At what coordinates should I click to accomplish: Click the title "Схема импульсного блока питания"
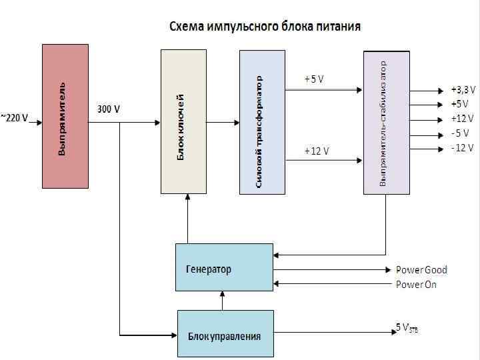tap(264, 27)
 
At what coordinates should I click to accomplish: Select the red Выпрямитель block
tap(65, 116)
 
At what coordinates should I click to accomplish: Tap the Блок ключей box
tap(184, 121)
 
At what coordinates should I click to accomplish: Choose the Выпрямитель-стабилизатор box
tap(386, 123)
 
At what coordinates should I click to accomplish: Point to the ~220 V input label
tap(14, 118)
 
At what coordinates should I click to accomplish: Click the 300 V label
tap(109, 109)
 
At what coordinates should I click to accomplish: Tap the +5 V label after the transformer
tap(313, 79)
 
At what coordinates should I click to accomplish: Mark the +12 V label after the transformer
tap(316, 151)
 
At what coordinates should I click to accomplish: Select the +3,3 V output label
tap(463, 89)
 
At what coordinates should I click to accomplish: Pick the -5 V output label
tap(460, 133)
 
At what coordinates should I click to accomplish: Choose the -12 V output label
tap(461, 147)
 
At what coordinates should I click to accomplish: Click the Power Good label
tap(421, 270)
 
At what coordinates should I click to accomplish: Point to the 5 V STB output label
tap(407, 328)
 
